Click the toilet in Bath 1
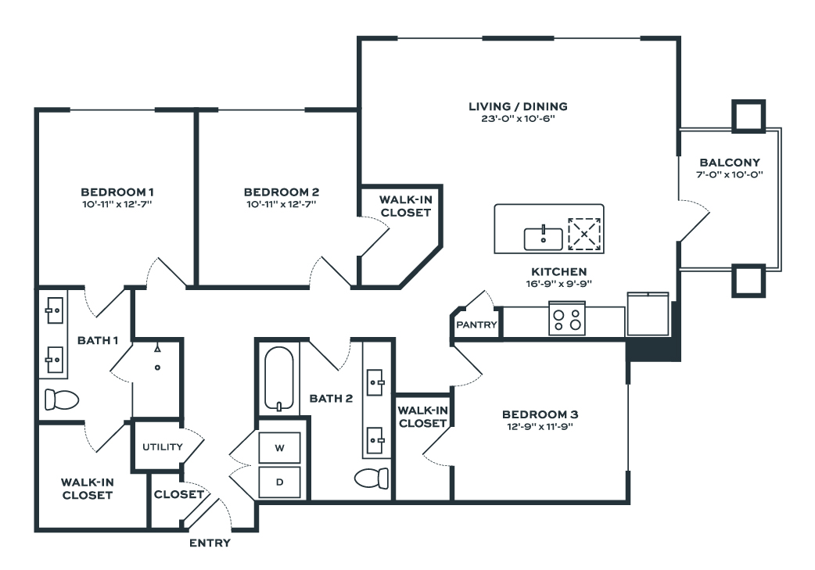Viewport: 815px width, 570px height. coord(62,400)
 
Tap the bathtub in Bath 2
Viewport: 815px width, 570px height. coord(278,378)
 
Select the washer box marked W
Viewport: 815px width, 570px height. coord(279,448)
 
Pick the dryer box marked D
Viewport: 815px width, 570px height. coord(279,482)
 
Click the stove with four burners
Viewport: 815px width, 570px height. coord(567,320)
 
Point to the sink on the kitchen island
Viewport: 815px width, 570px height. coord(542,237)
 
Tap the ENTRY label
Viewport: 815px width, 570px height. coord(210,543)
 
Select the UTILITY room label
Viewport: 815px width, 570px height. coord(162,447)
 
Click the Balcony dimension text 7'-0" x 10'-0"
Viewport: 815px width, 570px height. coord(729,175)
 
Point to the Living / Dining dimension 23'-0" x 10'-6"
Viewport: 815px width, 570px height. coord(518,119)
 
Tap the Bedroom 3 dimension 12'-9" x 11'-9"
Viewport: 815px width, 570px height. coord(540,427)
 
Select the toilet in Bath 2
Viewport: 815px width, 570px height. coord(372,477)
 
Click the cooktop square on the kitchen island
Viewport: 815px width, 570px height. coord(584,233)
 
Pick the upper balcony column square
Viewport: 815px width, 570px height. coord(747,115)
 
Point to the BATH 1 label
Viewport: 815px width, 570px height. coord(98,340)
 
